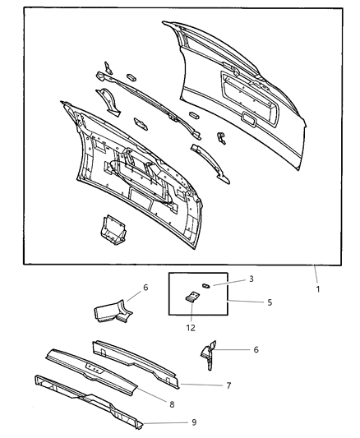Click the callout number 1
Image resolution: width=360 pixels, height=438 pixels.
(x=318, y=288)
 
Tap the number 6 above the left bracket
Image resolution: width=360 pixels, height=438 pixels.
(x=145, y=287)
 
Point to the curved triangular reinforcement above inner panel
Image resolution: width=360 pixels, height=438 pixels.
(x=107, y=99)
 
